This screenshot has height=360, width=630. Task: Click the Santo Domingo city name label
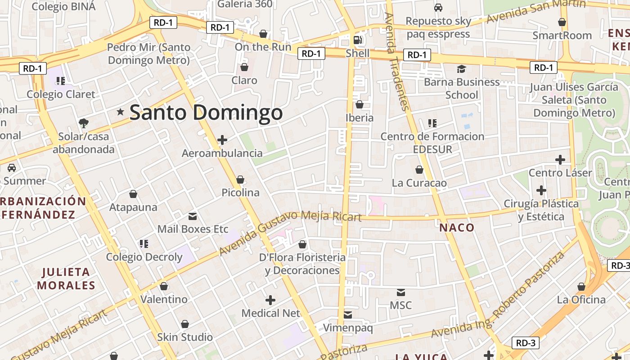(x=206, y=112)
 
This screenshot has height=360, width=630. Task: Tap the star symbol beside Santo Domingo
(x=120, y=112)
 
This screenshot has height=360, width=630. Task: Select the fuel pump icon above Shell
(x=357, y=40)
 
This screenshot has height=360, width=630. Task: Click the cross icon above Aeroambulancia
(x=222, y=140)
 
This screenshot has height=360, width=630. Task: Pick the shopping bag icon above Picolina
(x=240, y=180)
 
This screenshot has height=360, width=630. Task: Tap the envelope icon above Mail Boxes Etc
(x=193, y=216)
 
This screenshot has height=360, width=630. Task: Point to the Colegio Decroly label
(x=144, y=257)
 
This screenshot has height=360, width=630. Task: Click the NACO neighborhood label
(x=457, y=227)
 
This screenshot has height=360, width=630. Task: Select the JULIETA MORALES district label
(x=66, y=279)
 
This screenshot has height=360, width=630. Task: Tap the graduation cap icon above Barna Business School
(x=461, y=69)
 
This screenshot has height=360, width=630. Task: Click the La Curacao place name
(x=419, y=183)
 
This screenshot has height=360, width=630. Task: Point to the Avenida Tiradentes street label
(x=396, y=61)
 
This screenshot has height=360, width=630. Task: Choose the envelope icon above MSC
(x=400, y=292)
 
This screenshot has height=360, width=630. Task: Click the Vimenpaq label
(x=348, y=328)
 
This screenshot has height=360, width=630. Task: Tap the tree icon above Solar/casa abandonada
(x=83, y=123)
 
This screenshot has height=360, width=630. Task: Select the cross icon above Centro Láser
(x=560, y=160)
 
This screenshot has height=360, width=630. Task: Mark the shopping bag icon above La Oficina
(x=581, y=287)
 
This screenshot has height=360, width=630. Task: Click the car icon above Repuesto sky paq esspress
(x=438, y=8)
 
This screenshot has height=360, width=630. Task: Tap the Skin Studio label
(x=185, y=337)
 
